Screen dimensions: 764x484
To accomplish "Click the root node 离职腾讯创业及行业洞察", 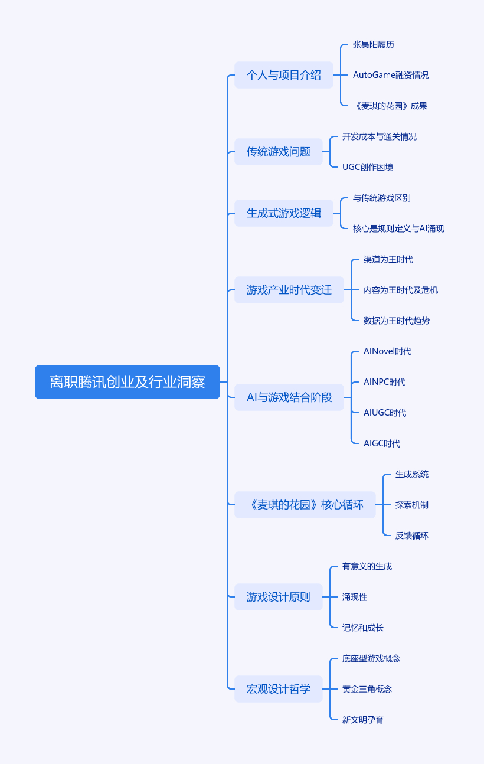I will click(x=127, y=382).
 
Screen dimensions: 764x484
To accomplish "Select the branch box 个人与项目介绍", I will click(x=283, y=75).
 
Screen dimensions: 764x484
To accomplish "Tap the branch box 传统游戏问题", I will click(x=278, y=152).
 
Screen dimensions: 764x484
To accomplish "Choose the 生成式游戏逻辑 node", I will click(x=283, y=213).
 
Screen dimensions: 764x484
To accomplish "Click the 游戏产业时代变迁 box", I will click(x=289, y=290).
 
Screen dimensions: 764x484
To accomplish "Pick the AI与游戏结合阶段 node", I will click(x=289, y=397).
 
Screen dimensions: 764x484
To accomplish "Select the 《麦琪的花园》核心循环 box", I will click(x=305, y=505).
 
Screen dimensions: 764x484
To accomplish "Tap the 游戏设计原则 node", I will click(x=278, y=597).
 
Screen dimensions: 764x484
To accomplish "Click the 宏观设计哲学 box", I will click(x=278, y=689).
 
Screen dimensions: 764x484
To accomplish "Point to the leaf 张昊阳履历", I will click(x=373, y=44).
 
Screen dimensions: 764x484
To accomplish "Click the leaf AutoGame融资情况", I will click(x=390, y=75).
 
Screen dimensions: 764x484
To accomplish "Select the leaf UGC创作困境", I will click(x=367, y=167).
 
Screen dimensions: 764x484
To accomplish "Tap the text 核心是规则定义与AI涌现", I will click(x=398, y=228).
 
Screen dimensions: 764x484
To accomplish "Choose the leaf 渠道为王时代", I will click(x=388, y=259).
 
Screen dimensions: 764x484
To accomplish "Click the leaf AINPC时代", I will click(x=384, y=382).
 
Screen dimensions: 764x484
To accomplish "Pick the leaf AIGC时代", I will click(x=381, y=443).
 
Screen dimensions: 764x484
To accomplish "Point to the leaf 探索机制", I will click(x=411, y=505).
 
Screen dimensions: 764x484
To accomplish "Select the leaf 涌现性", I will click(x=354, y=597).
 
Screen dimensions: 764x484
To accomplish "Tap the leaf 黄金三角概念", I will click(x=367, y=689).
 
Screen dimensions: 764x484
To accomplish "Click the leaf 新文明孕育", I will click(x=362, y=720).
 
